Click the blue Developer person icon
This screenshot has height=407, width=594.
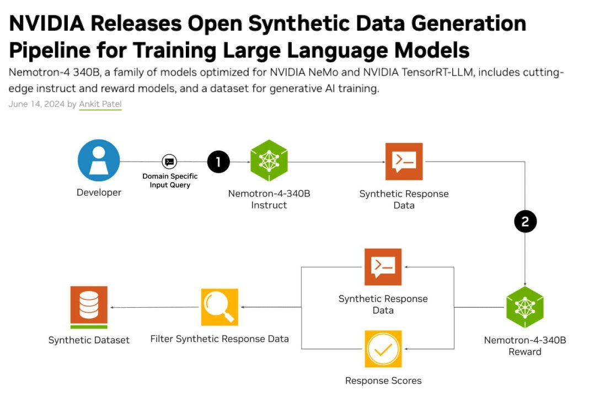pyautogui.click(x=99, y=160)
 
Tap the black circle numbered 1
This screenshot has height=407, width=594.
pyautogui.click(x=218, y=162)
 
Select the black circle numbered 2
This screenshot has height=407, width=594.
pyautogui.click(x=525, y=222)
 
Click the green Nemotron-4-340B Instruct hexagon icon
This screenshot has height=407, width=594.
pyautogui.click(x=269, y=160)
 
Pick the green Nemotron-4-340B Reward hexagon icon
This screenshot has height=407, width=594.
pyautogui.click(x=525, y=307)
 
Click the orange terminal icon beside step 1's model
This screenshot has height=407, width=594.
pyautogui.click(x=404, y=161)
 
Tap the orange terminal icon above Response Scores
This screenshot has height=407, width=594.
pyautogui.click(x=383, y=267)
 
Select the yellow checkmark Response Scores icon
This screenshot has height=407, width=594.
pyautogui.click(x=383, y=349)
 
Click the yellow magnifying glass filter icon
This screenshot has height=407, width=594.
pyautogui.click(x=220, y=307)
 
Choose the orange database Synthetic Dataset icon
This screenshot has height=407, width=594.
pyautogui.click(x=89, y=307)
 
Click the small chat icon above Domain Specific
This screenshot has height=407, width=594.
pyautogui.click(x=169, y=162)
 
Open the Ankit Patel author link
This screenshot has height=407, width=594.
pyautogui.click(x=100, y=104)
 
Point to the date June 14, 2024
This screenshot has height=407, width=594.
pyautogui.click(x=36, y=104)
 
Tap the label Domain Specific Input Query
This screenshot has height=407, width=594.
pyautogui.click(x=170, y=181)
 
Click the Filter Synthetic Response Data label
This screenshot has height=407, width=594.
pyautogui.click(x=220, y=339)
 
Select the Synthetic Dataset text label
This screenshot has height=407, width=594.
pyautogui.click(x=89, y=340)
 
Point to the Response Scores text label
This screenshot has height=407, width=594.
pyautogui.click(x=383, y=381)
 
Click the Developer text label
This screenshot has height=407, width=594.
pyautogui.click(x=99, y=192)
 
